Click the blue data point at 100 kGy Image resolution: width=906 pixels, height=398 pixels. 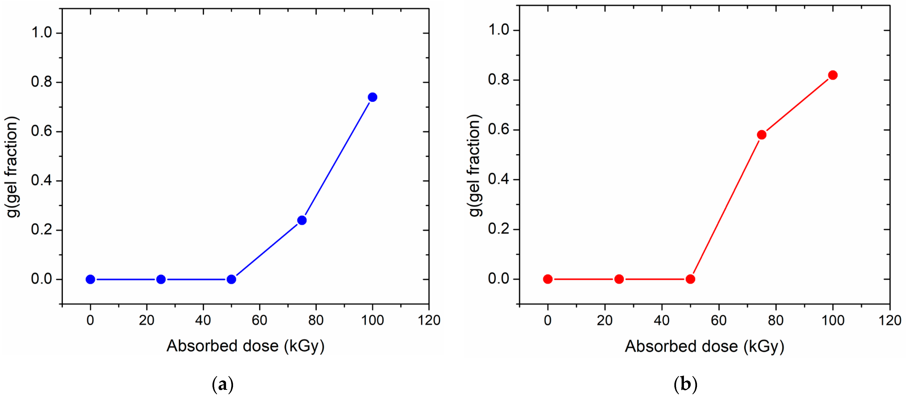pyautogui.click(x=372, y=97)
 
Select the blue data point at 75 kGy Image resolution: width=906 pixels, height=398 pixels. pyautogui.click(x=302, y=220)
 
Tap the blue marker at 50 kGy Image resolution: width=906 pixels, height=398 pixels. pyautogui.click(x=231, y=279)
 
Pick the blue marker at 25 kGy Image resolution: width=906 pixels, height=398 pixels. pyautogui.click(x=161, y=279)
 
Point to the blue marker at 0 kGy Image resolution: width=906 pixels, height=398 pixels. pyautogui.click(x=90, y=279)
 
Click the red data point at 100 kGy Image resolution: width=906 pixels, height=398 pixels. pyautogui.click(x=833, y=75)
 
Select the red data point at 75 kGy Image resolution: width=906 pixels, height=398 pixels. pyautogui.click(x=762, y=135)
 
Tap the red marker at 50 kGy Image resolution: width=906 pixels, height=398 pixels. pyautogui.click(x=690, y=279)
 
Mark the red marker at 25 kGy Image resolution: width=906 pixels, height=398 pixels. pyautogui.click(x=619, y=279)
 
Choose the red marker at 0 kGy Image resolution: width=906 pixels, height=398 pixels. pyautogui.click(x=548, y=279)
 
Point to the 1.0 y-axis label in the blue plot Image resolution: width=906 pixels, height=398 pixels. pyautogui.click(x=42, y=33)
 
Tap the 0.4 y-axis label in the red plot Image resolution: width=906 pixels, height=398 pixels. pyautogui.click(x=498, y=179)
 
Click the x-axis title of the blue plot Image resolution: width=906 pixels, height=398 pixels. pyautogui.click(x=245, y=346)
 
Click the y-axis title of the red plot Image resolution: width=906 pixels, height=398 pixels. pyautogui.click(x=475, y=165)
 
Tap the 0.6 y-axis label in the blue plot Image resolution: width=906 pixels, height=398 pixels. pyautogui.click(x=42, y=131)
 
